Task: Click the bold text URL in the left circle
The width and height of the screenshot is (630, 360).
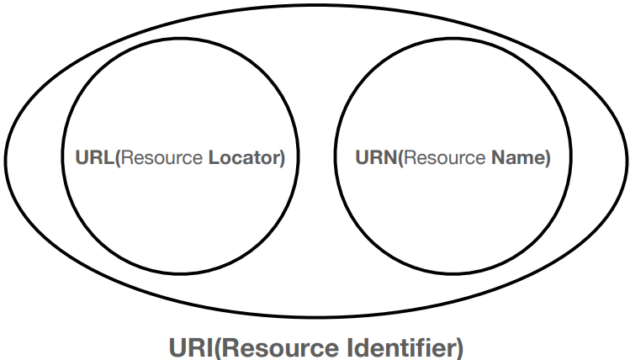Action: click(93, 157)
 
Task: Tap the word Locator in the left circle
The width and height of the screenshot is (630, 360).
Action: click(244, 157)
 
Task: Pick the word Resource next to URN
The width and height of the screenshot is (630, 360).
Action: click(429, 157)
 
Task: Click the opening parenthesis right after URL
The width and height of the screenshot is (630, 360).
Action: click(115, 157)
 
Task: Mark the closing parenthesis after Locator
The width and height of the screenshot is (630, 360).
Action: click(283, 157)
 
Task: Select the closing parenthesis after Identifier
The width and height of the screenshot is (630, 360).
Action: click(458, 346)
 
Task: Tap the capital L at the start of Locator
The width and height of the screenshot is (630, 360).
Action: click(212, 157)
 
